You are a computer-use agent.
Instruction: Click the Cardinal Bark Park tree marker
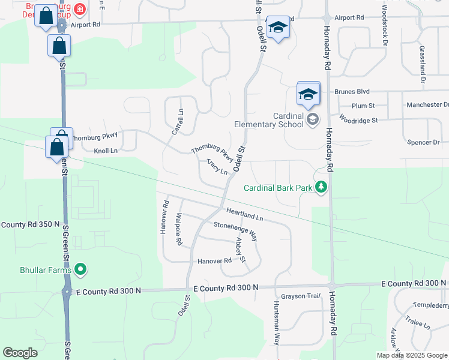322,187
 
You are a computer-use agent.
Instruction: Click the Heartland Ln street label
245,213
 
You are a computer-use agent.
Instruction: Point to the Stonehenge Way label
235,231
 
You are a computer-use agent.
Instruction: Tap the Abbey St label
241,250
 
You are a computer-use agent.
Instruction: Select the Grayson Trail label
301,296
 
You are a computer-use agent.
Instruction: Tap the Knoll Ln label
106,151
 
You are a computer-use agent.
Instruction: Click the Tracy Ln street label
217,166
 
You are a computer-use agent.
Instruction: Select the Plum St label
363,106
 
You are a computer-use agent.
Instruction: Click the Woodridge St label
358,119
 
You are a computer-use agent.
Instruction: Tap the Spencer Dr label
423,142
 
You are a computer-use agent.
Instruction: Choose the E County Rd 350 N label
30,224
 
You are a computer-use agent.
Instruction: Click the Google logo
20,353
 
